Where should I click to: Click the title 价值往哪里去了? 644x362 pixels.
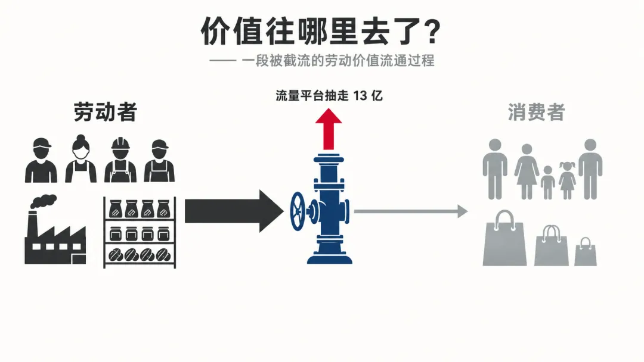pos(321,31)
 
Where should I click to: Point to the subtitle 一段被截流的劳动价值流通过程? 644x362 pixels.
pos(338,61)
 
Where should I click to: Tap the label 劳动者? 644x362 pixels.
pos(105,112)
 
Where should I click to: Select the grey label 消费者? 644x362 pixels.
pos(537,112)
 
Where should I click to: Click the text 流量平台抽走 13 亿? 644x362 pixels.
pos(329,96)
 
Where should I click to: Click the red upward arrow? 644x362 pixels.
pos(329,129)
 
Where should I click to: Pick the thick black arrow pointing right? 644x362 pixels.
pos(234,211)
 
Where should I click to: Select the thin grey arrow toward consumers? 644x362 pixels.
pos(411,211)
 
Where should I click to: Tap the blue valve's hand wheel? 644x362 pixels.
pos(298,211)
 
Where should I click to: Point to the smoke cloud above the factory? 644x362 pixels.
pos(44,201)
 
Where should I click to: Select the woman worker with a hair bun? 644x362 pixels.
pos(81,158)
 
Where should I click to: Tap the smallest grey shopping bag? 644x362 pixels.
pos(586,252)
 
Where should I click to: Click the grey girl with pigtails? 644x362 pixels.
pos(567,180)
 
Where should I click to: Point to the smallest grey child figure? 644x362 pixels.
pos(548,182)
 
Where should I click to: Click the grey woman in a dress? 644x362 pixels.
pos(527,171)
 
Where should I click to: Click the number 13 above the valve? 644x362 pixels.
pos(360,96)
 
